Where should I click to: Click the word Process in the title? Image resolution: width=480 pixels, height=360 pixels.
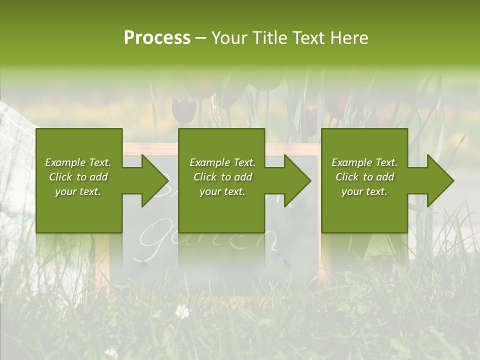click(157, 38)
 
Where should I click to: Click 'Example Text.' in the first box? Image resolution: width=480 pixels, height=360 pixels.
click(78, 162)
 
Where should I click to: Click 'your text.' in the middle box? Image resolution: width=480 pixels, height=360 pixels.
click(222, 191)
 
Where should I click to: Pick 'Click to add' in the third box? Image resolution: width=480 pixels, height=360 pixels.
click(364, 177)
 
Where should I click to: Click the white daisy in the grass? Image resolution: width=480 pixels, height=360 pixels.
click(182, 311)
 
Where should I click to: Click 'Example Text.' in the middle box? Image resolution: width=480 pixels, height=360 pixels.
click(222, 162)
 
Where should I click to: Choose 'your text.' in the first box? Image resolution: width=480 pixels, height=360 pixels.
click(78, 191)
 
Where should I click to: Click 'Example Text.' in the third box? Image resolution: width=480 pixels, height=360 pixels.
click(364, 162)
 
